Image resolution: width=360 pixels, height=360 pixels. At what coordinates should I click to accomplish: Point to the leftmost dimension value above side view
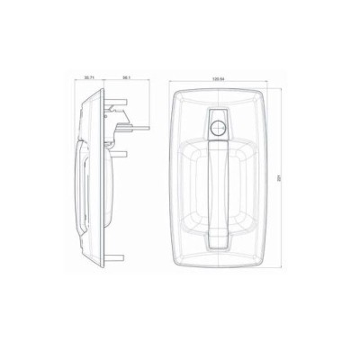coord(88,78)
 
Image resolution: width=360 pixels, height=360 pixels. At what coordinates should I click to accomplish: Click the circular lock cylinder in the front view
coord(218,127)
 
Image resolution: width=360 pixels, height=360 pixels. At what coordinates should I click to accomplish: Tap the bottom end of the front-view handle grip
coord(218,241)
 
